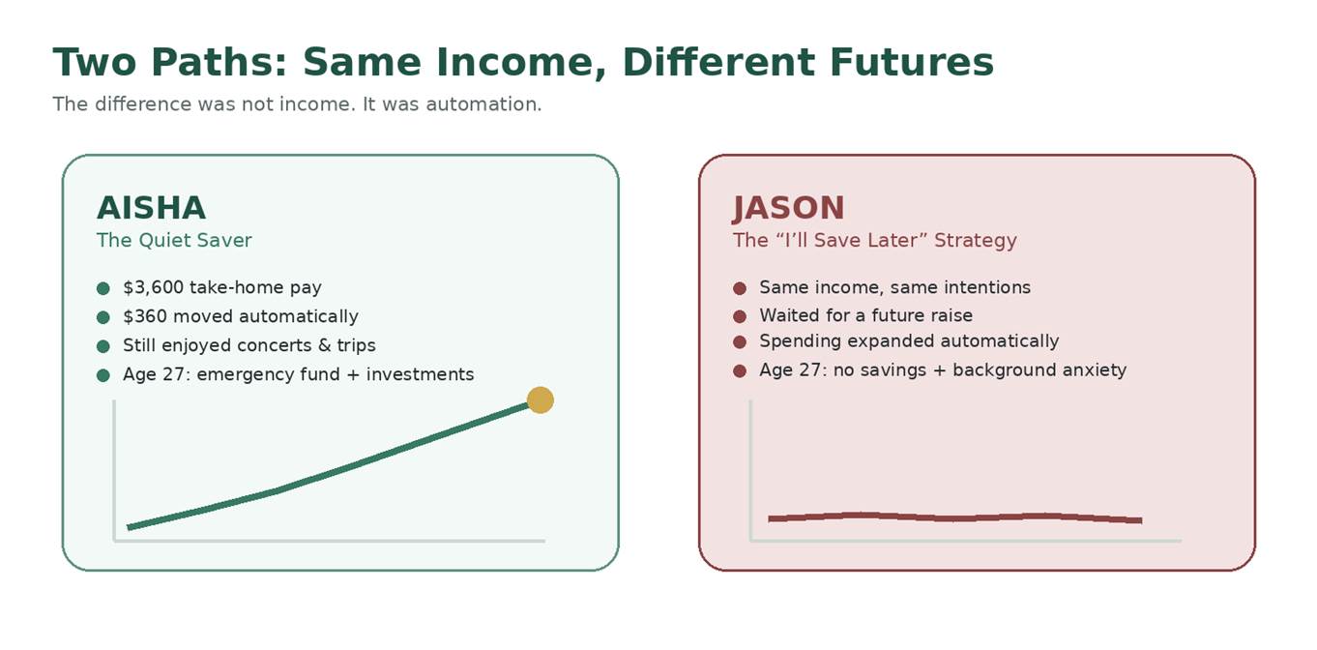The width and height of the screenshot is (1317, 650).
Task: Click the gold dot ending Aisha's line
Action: click(x=541, y=400)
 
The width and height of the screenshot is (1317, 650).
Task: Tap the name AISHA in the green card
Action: click(x=151, y=208)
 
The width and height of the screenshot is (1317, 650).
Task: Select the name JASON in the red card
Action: click(x=788, y=209)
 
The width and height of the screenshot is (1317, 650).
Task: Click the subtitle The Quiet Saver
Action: click(x=174, y=240)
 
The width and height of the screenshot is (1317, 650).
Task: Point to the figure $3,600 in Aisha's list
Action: click(x=153, y=287)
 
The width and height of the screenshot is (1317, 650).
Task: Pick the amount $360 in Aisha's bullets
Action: click(x=145, y=316)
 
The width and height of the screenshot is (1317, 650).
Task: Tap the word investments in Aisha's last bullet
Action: click(x=420, y=374)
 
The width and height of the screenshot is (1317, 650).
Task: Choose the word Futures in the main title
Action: click(x=911, y=62)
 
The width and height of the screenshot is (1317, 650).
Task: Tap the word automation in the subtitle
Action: click(x=483, y=104)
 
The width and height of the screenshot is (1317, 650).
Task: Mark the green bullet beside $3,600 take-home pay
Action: click(x=102, y=288)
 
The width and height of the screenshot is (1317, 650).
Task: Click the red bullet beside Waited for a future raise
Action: click(x=740, y=316)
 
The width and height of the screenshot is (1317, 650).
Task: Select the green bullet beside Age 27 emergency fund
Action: click(x=102, y=375)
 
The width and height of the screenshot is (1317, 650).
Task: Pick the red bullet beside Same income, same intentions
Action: click(x=740, y=288)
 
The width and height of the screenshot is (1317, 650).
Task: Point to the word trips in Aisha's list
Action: click(x=356, y=346)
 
